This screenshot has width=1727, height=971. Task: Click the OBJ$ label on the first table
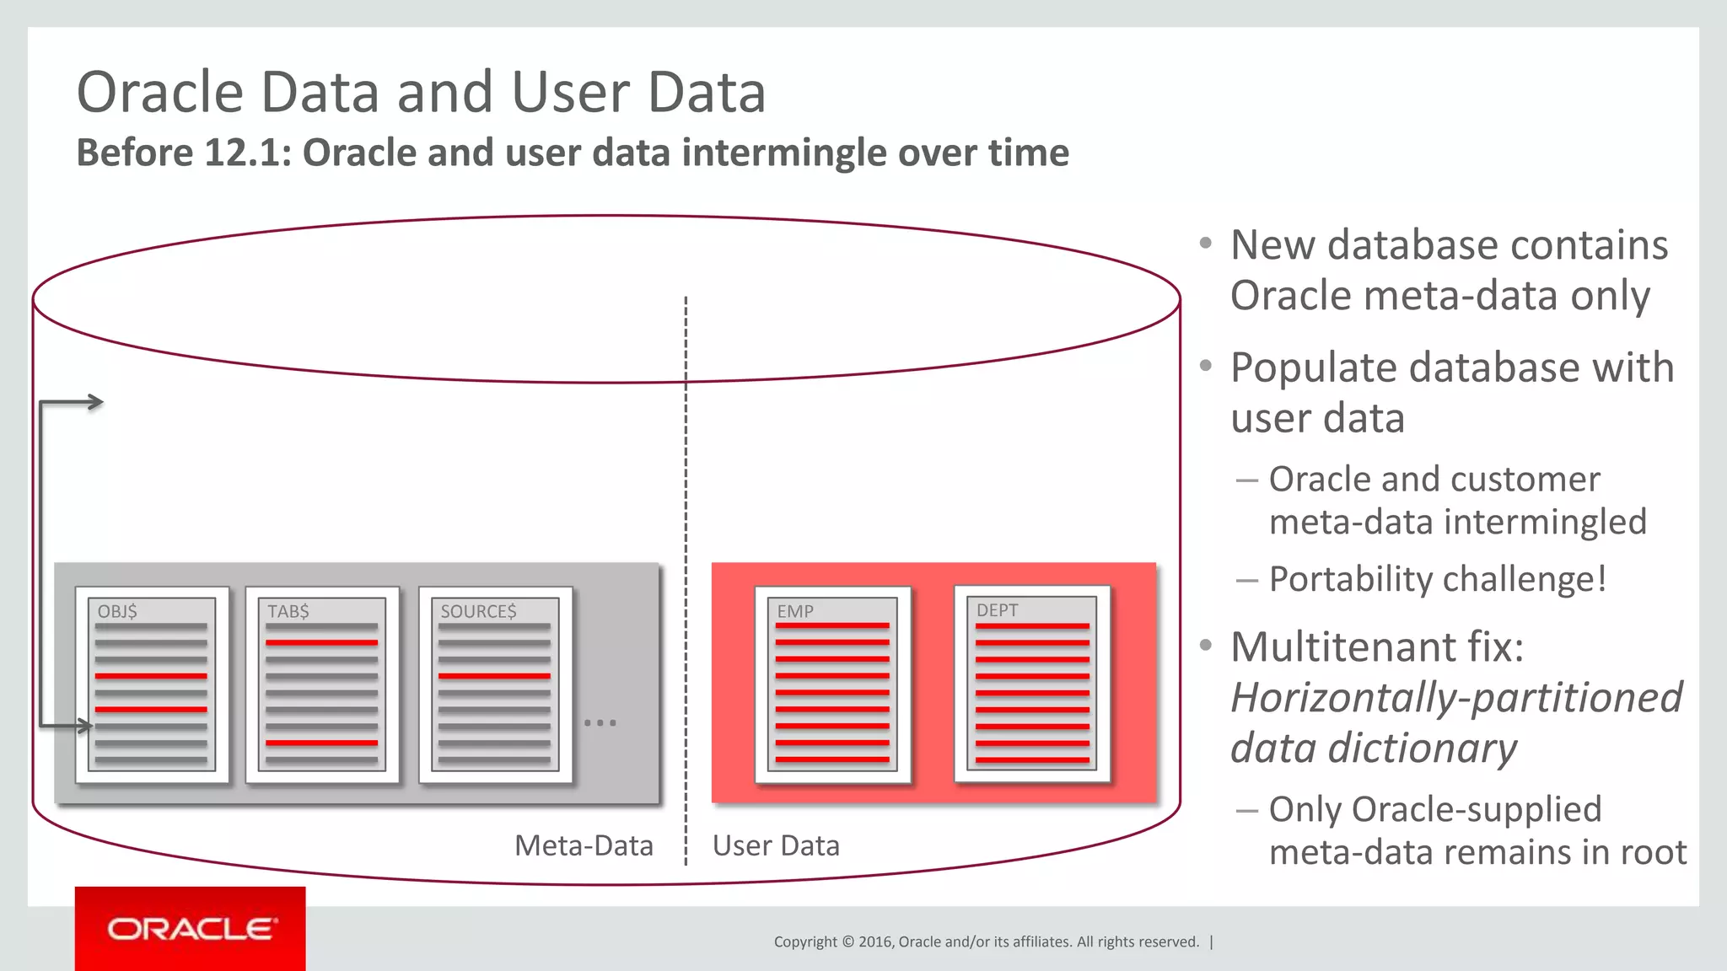click(x=117, y=611)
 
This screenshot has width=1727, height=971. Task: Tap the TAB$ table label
click(x=288, y=611)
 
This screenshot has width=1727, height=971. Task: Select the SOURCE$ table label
click(x=478, y=611)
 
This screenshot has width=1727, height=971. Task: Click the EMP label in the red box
click(x=795, y=611)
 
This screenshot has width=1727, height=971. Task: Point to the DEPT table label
click(x=997, y=610)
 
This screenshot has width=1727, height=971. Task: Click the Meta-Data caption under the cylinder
click(x=584, y=845)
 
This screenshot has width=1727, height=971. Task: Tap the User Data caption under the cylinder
click(x=776, y=845)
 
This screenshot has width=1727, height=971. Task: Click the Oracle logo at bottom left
click(x=191, y=929)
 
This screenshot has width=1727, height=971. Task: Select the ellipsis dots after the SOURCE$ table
click(x=600, y=723)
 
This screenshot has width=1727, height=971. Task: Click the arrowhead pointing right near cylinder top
click(x=96, y=402)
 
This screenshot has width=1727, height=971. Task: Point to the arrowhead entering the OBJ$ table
click(x=84, y=725)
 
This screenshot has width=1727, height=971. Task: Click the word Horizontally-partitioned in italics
click(x=1455, y=698)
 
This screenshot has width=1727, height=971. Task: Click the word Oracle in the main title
click(x=160, y=92)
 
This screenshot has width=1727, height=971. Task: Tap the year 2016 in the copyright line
click(x=875, y=941)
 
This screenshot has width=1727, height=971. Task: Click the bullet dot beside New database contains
click(x=1206, y=244)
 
